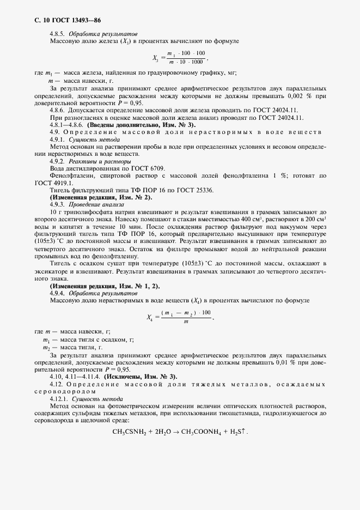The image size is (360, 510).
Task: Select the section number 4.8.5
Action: (59, 34)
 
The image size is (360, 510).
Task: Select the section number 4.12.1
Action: (60, 398)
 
